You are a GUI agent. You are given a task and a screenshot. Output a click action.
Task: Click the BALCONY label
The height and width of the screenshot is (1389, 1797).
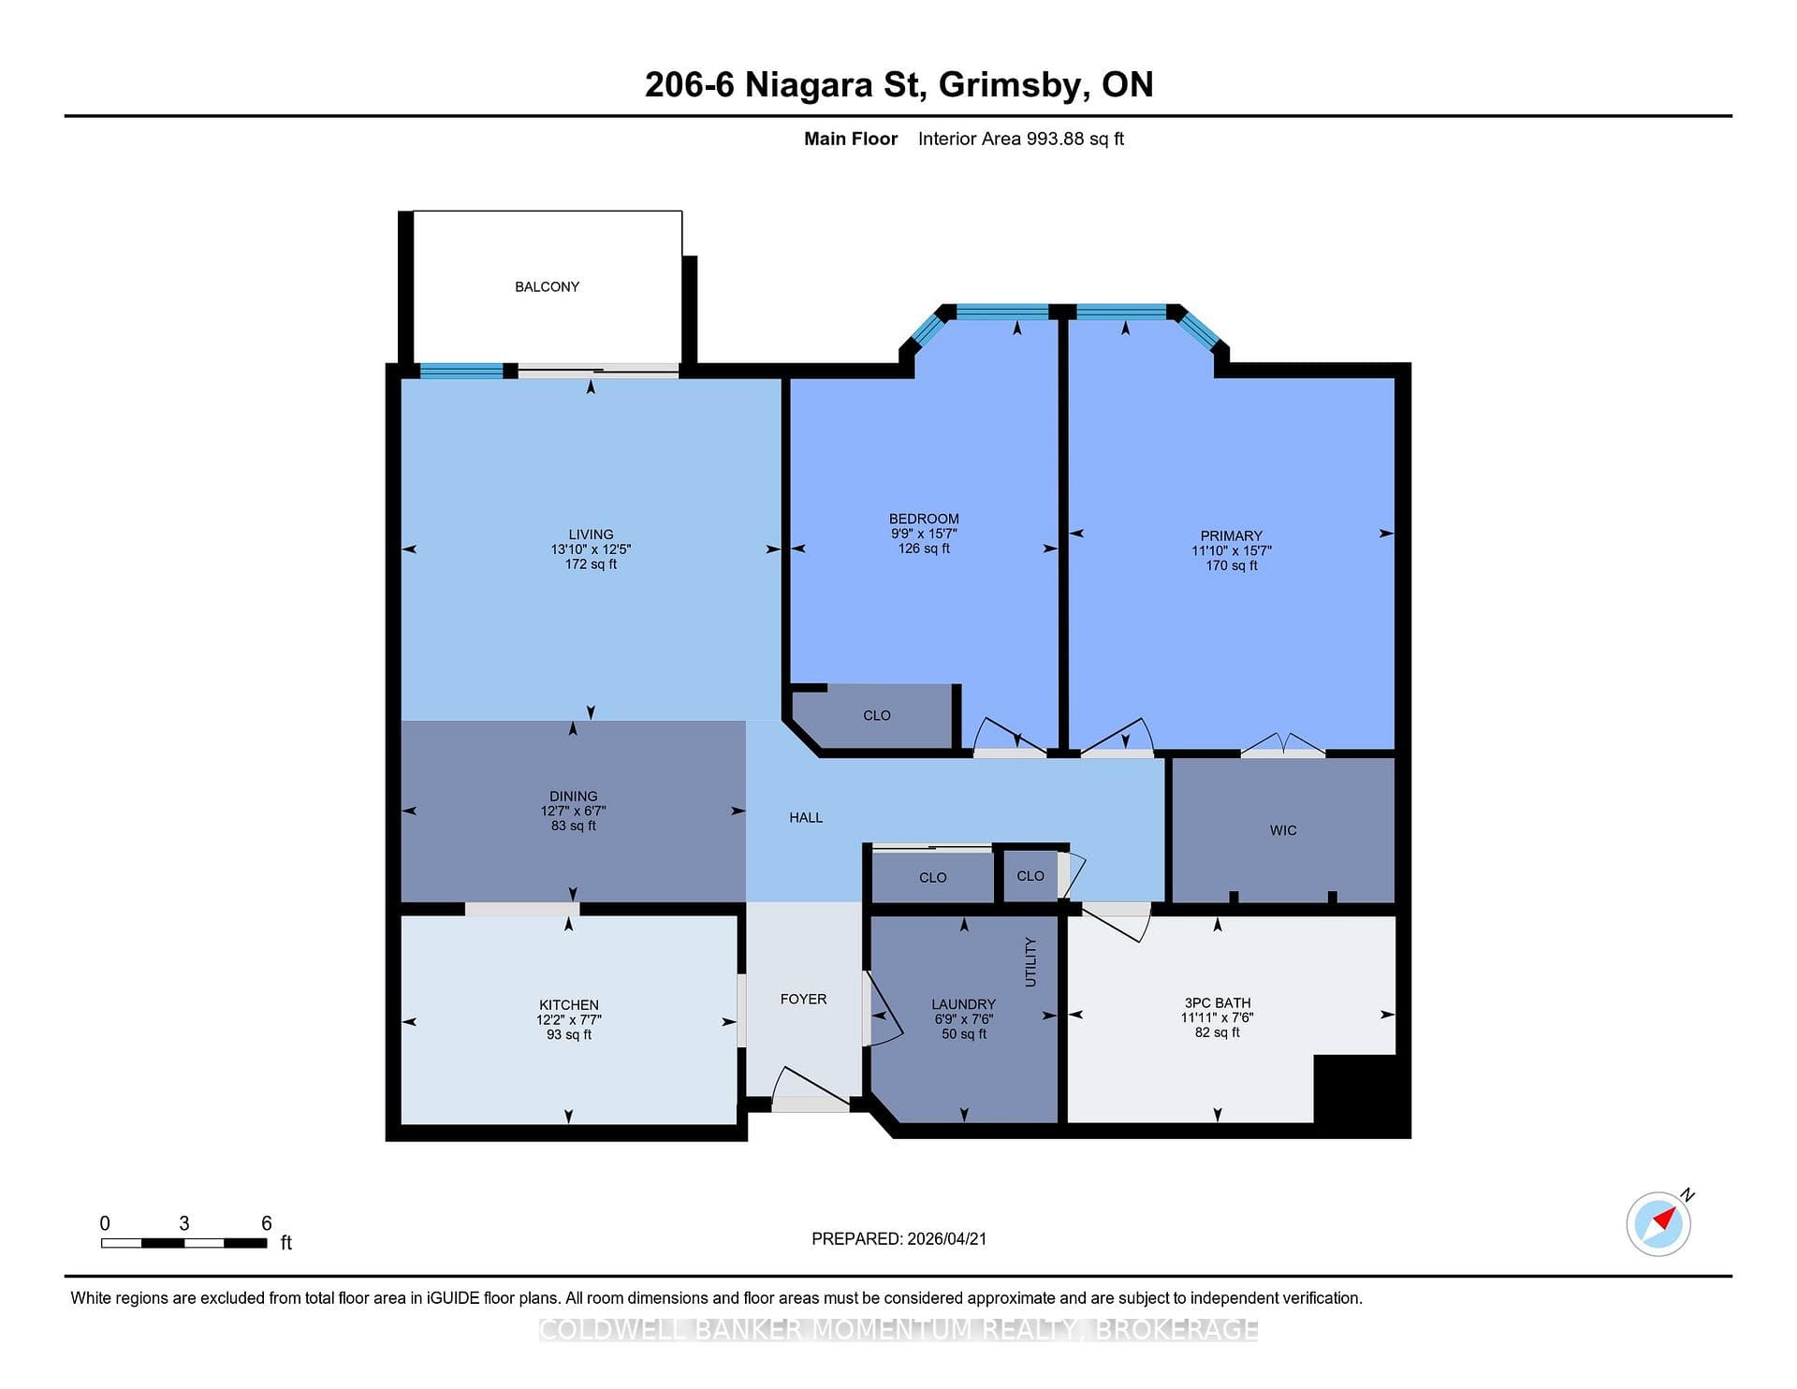pos(547,286)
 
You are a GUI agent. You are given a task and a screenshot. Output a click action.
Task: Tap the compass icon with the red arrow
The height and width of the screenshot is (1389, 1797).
pos(1658,1223)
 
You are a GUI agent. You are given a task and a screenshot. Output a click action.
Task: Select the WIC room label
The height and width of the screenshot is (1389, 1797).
pos(1283,830)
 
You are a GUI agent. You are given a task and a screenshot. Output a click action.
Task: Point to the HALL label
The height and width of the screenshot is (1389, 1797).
pos(806,817)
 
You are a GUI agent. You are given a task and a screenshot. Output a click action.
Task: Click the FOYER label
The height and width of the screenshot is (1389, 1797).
pos(803,999)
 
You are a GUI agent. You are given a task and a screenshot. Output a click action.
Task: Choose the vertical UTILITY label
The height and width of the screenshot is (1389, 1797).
pos(1030,961)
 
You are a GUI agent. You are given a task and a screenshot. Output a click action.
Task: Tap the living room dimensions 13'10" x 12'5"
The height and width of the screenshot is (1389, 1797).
pos(591,549)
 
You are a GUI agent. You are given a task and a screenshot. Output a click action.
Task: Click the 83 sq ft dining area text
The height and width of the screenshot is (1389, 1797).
pos(573,826)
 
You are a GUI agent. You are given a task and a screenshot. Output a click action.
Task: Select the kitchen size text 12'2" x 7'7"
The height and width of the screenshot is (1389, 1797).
pos(568,1020)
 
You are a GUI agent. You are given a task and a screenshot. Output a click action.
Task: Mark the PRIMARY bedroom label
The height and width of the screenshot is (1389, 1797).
pos(1231,536)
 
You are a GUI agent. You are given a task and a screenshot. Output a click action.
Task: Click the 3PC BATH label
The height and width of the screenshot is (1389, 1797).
pos(1217,1002)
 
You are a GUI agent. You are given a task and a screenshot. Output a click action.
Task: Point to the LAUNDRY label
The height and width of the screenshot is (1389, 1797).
pos(963,1004)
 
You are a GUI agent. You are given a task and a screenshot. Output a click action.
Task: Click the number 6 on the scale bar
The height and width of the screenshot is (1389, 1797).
pos(266,1223)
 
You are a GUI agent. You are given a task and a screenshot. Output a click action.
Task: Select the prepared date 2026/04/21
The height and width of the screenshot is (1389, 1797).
pos(946,1238)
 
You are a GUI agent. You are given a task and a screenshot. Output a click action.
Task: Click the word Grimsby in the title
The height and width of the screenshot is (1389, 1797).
pos(1013,85)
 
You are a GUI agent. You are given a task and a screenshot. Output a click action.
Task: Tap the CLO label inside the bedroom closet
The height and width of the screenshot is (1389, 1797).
pos(876,715)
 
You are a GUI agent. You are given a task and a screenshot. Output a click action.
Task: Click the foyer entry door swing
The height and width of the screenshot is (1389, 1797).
pos(811,1086)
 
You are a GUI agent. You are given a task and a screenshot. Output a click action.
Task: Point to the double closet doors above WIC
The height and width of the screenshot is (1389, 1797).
pos(1283,743)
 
